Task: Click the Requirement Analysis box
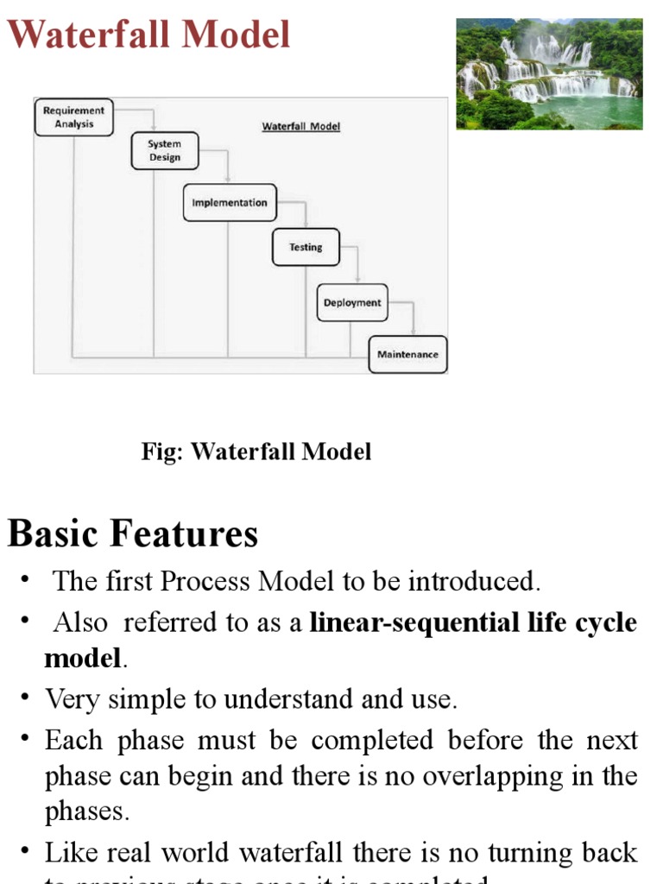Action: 73,117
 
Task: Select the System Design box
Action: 164,150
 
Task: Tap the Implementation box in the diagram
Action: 230,203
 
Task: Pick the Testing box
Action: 306,247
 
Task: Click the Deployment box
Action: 351,303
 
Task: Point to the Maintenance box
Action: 407,355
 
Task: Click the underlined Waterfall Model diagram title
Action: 301,126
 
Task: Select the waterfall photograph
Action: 549,74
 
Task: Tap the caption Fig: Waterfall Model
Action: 256,451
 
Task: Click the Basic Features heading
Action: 133,534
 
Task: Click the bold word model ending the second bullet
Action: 83,660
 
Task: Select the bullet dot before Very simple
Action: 27,698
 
